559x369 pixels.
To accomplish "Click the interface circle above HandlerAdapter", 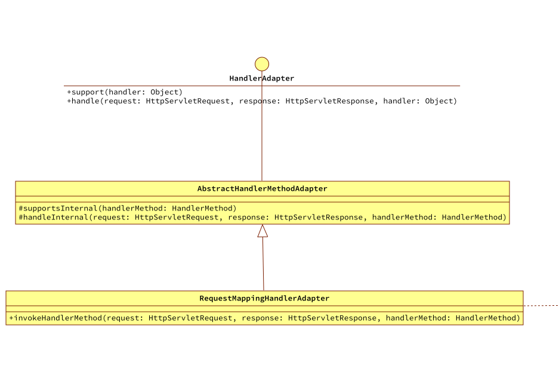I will [x=262, y=64].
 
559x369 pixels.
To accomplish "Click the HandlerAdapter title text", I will [x=262, y=79].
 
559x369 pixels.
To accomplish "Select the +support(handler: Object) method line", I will [x=125, y=92].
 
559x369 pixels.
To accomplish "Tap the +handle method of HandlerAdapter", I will [x=262, y=101].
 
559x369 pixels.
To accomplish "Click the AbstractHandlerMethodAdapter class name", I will [x=262, y=189].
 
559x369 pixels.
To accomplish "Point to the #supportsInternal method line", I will [x=128, y=209].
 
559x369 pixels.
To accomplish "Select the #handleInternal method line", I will [x=262, y=218].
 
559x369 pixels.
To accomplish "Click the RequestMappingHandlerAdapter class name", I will [x=264, y=299].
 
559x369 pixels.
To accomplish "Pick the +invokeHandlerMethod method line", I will [x=264, y=318].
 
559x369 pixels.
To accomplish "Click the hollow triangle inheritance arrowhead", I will [x=262, y=231].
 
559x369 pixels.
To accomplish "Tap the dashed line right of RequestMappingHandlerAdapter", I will [x=541, y=306].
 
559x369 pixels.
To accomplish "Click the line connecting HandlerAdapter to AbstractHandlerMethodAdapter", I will [x=262, y=143].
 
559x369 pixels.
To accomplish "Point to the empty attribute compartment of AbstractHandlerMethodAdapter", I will [x=262, y=199].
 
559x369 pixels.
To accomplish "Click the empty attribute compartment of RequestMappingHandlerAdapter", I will [x=264, y=309].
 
